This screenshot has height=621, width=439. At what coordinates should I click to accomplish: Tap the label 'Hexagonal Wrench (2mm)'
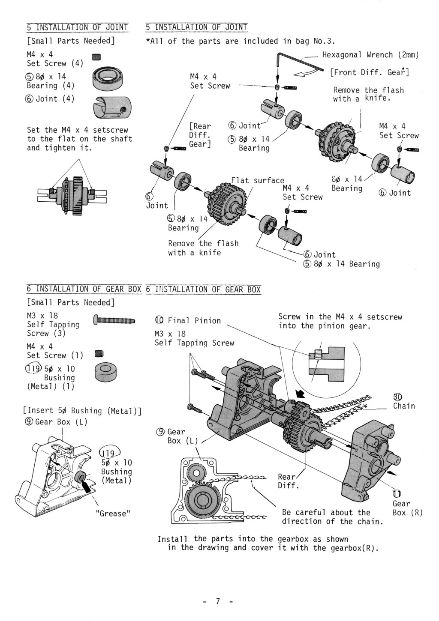tap(370, 55)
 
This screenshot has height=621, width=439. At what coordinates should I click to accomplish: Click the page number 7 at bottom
tap(218, 601)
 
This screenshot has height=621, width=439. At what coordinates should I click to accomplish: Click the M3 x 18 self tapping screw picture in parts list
tap(114, 320)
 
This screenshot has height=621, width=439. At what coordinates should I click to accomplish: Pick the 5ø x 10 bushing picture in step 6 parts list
tap(105, 372)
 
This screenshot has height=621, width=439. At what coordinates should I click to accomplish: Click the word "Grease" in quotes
tap(113, 513)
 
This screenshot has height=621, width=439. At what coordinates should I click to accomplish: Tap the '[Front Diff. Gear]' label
tap(369, 72)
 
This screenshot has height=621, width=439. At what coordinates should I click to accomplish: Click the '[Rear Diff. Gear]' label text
tap(200, 135)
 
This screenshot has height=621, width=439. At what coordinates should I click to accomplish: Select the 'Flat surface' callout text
tap(258, 180)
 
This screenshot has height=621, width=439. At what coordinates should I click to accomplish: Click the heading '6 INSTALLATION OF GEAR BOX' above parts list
tap(84, 289)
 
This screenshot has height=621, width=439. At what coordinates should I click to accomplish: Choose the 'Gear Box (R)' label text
tap(406, 508)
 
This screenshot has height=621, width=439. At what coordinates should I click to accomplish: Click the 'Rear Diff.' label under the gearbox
tap(287, 481)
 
